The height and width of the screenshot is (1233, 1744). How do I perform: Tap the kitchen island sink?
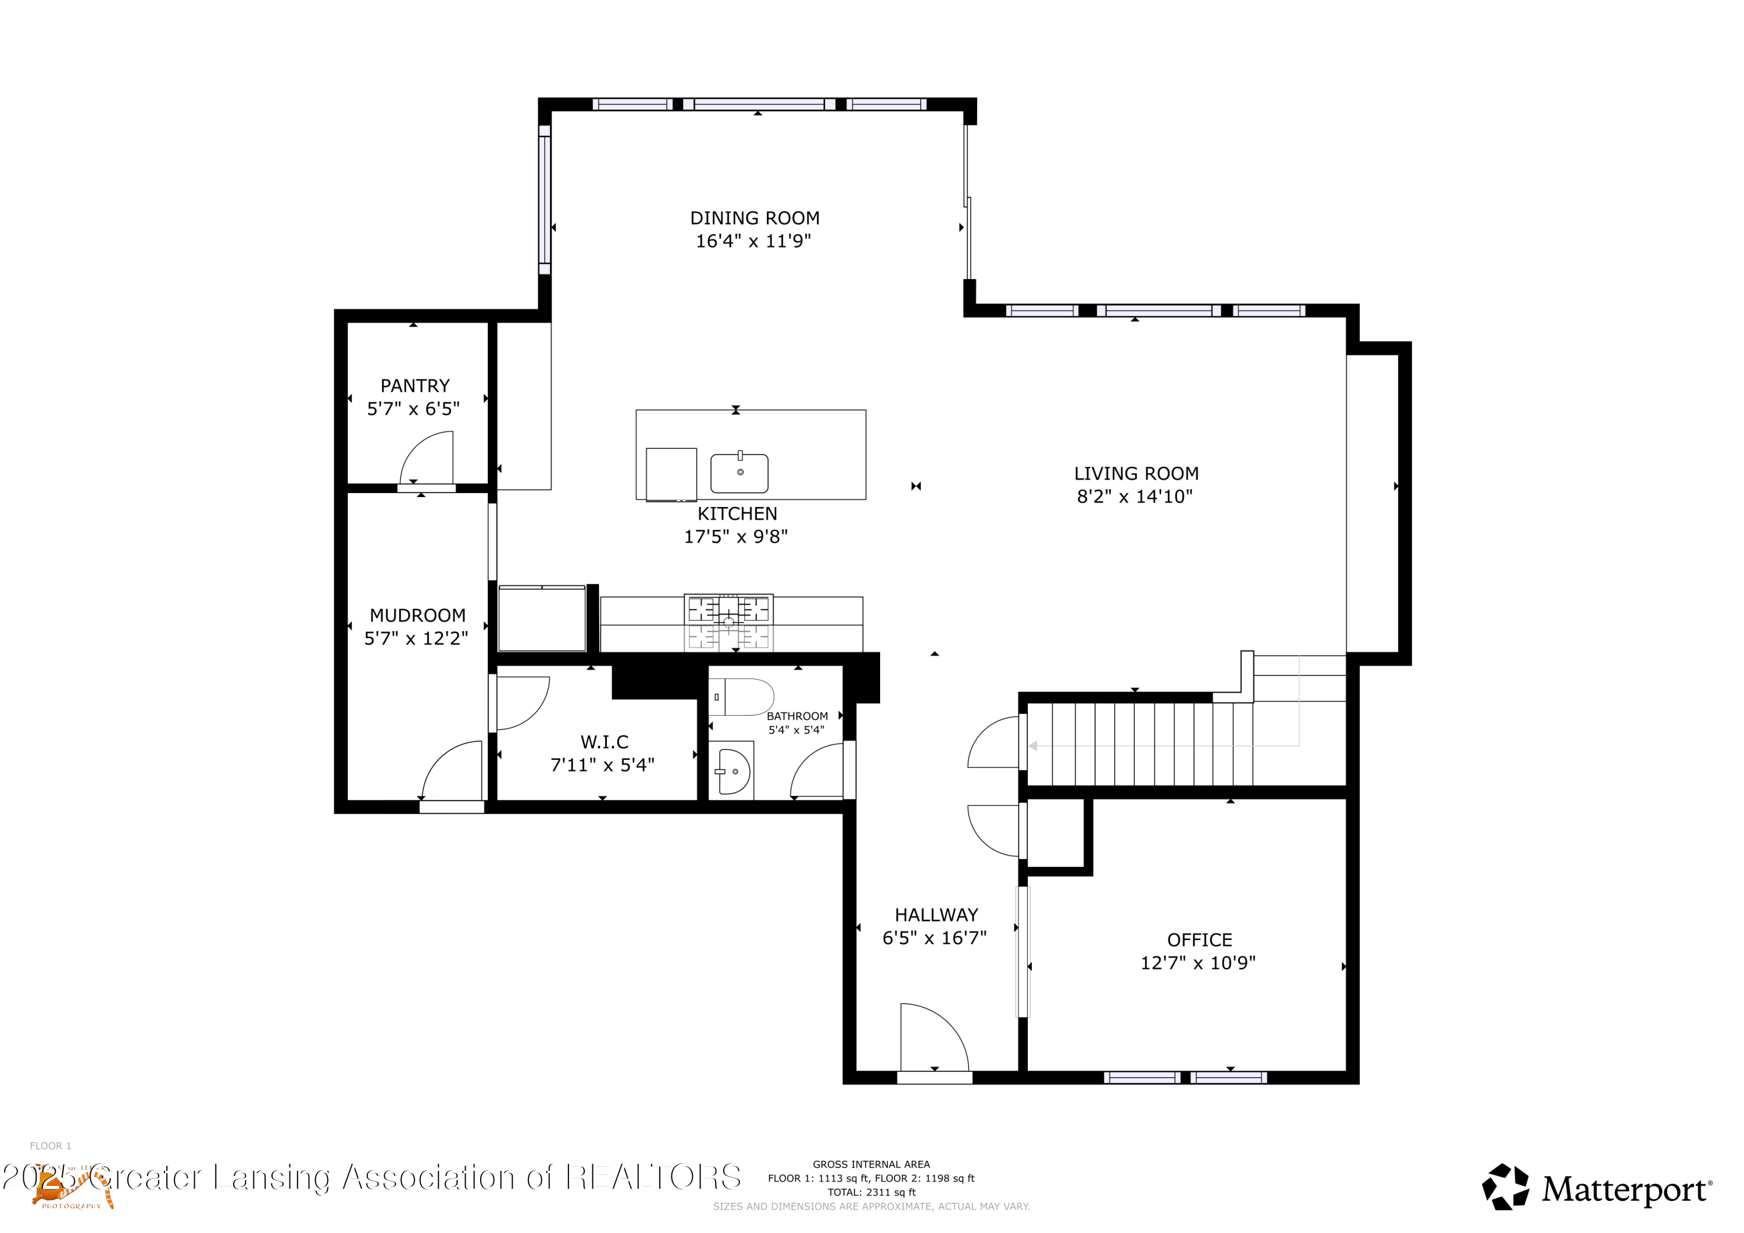[739, 473]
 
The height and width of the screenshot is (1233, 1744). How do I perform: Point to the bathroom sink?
[734, 771]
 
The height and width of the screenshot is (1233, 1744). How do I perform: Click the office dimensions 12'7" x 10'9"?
[1198, 963]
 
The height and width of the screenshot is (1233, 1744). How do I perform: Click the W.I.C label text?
[604, 741]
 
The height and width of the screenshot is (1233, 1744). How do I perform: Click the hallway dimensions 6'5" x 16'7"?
[934, 938]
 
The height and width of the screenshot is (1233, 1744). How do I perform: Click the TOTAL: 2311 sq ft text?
[871, 1192]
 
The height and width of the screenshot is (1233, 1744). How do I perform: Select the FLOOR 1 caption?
[50, 1146]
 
